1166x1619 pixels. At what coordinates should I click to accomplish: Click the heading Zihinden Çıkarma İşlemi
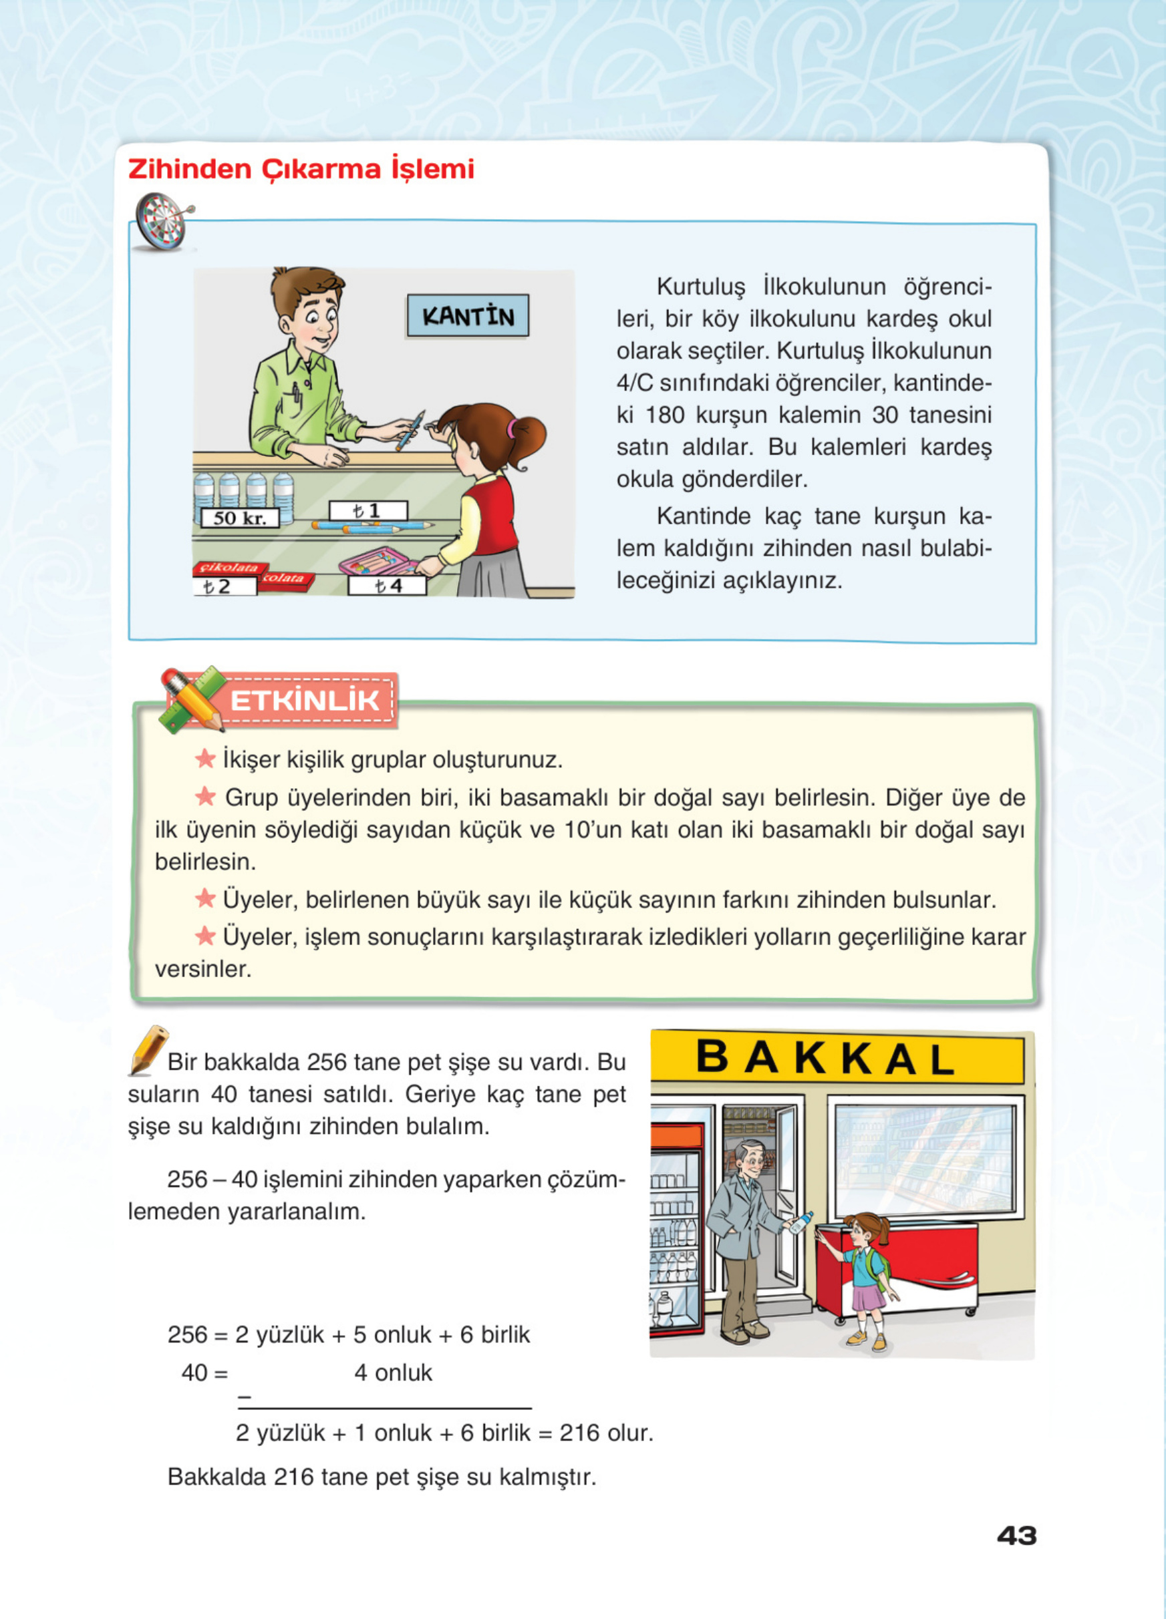[x=301, y=169]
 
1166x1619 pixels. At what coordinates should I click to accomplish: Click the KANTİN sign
[x=468, y=315]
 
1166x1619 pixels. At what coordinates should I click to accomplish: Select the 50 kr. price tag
[x=239, y=518]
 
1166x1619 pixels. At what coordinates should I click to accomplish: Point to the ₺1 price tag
[x=368, y=510]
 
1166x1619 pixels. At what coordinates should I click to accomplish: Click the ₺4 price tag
[x=387, y=586]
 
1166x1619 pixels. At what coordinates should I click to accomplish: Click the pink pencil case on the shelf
[x=377, y=561]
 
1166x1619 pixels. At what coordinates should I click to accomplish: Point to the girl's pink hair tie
[x=511, y=428]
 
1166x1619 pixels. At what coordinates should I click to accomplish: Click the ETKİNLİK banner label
[x=305, y=700]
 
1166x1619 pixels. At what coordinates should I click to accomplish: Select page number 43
[x=1016, y=1536]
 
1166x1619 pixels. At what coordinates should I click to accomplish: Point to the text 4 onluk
[x=393, y=1373]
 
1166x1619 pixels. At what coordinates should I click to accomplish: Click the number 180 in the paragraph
[x=664, y=415]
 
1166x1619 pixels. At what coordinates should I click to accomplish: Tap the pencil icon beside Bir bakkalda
[x=148, y=1050]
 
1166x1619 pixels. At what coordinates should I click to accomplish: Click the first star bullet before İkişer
[x=205, y=758]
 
